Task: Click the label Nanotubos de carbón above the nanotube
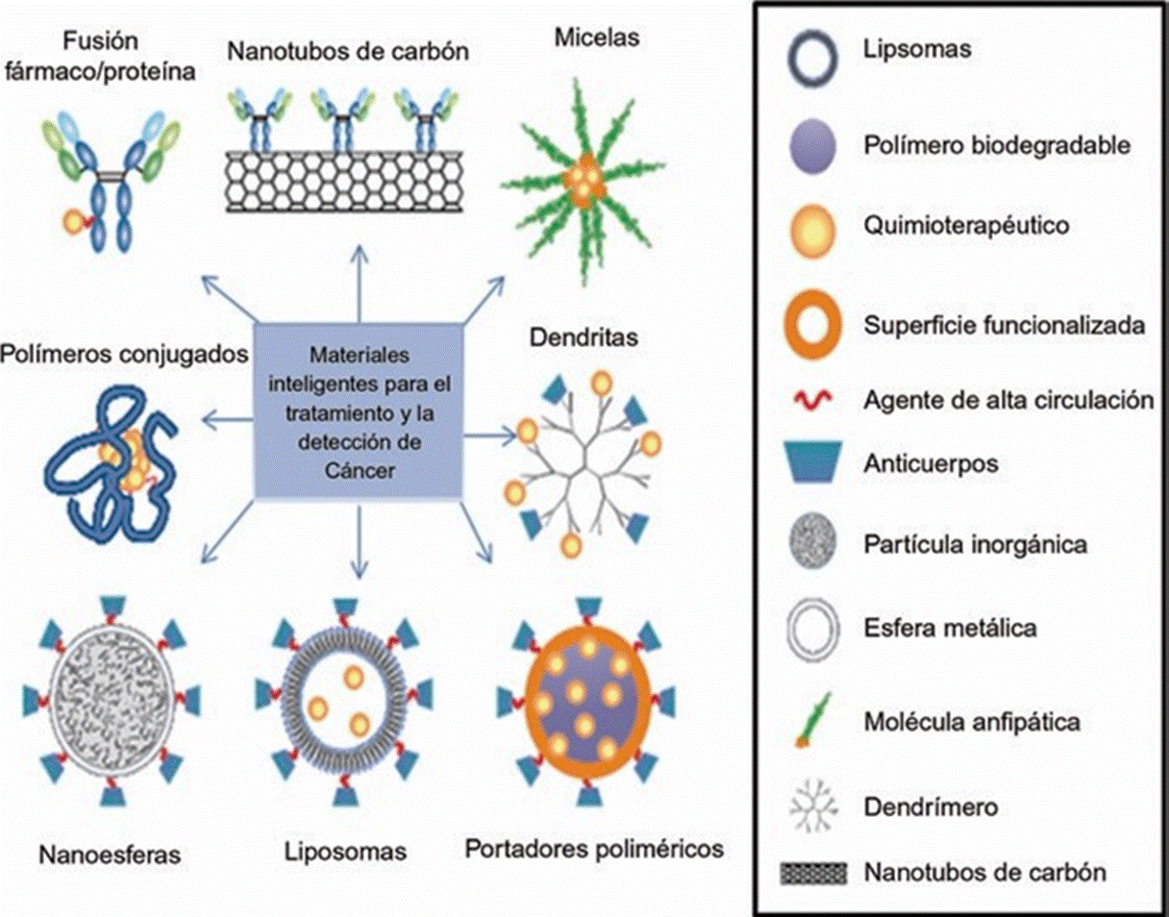(x=348, y=50)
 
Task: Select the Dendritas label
(x=570, y=338)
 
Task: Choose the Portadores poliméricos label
(x=593, y=849)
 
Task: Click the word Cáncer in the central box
(x=359, y=472)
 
